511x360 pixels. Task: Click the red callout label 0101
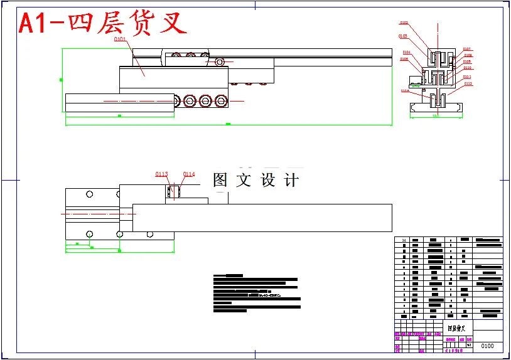click(120, 40)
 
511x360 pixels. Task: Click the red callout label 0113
click(162, 174)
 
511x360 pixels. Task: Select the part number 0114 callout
click(189, 174)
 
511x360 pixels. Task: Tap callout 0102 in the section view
click(404, 23)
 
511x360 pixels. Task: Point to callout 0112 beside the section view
click(468, 83)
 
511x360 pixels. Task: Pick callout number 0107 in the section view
click(467, 49)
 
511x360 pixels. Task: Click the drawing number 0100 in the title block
click(487, 346)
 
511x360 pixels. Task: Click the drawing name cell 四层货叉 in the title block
click(456, 328)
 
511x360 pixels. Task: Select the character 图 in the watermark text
click(220, 181)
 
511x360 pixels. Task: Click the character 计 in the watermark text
click(291, 181)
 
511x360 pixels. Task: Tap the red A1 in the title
click(34, 24)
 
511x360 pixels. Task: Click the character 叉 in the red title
click(174, 24)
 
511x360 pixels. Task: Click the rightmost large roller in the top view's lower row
click(220, 101)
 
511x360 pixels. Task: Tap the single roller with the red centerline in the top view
click(220, 61)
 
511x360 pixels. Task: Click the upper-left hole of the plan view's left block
click(90, 193)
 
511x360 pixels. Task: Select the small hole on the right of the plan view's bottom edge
click(149, 234)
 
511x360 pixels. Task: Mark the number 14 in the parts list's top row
click(404, 240)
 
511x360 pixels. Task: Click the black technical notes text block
click(255, 293)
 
